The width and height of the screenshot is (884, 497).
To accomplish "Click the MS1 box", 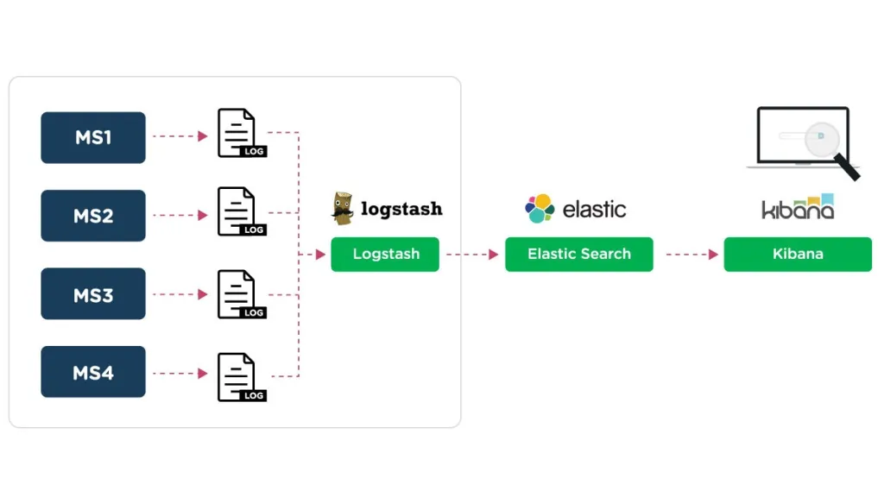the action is [93, 137].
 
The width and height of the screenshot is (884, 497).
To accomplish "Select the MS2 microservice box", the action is [93, 216].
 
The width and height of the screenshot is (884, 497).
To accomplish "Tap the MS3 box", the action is [93, 293].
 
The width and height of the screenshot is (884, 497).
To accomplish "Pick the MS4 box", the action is [93, 372].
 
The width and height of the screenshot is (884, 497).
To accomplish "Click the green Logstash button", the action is [385, 255].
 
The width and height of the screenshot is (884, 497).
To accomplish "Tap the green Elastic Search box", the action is [579, 255].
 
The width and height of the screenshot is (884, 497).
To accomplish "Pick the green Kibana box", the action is [798, 255].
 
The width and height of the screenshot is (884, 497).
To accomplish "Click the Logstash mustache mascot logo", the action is [342, 209].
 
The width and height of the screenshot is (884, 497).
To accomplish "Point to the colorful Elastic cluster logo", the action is [540, 209].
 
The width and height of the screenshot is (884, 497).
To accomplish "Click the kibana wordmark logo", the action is [798, 207].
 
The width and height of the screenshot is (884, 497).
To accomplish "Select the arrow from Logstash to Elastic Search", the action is [472, 255].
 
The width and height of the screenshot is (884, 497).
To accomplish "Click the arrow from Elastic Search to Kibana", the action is [692, 255].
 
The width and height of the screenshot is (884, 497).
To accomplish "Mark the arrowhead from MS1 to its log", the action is [203, 135].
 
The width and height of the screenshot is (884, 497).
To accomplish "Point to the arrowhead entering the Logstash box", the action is [321, 255].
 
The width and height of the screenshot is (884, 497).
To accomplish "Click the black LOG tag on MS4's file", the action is [253, 395].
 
